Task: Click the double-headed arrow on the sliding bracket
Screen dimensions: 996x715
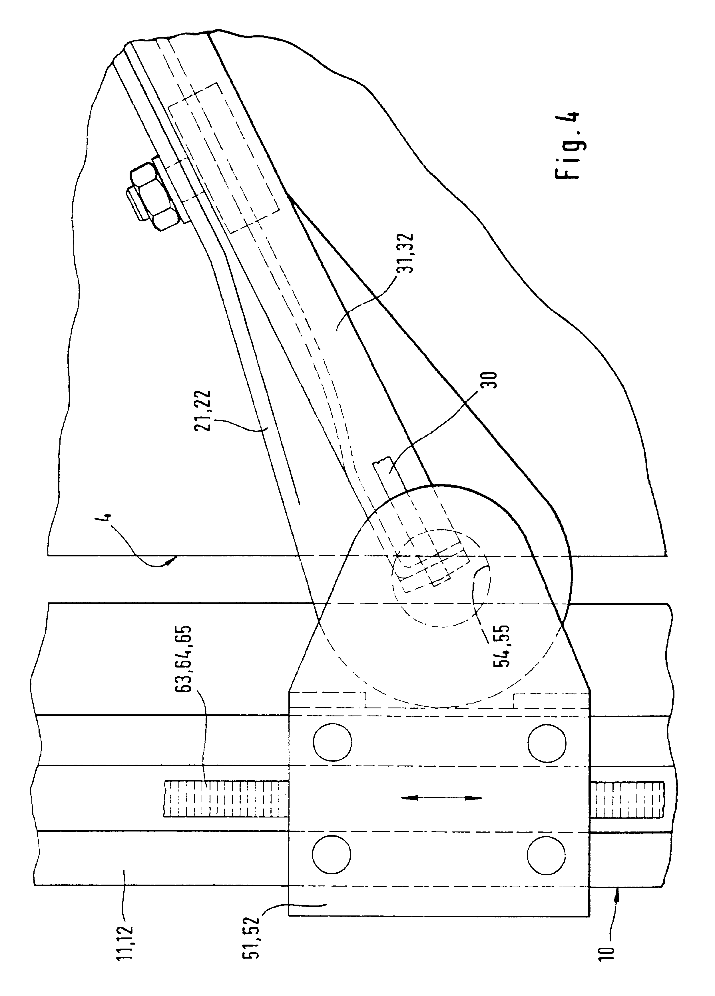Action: [x=441, y=798]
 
